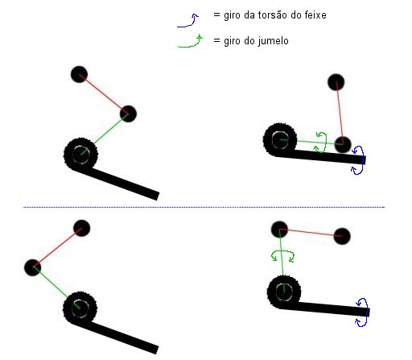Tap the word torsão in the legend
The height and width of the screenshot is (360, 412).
tap(273, 15)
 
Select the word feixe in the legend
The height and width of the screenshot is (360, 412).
tap(315, 15)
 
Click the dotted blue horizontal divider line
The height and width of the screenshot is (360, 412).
tap(204, 207)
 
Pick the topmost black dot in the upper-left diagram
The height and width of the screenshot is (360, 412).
tap(79, 74)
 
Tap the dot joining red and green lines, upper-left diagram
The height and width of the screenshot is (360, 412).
tap(128, 114)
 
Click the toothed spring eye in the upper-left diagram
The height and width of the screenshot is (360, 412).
tap(80, 154)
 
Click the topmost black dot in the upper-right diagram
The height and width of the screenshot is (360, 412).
tap(336, 82)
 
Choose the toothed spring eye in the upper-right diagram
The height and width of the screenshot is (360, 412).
tap(280, 140)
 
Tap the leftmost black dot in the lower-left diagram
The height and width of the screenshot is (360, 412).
tap(32, 267)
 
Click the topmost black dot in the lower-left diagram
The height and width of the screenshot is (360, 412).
tap(81, 228)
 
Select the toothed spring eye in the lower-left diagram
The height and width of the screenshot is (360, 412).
tap(80, 308)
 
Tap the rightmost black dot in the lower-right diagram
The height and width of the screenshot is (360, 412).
tap(342, 236)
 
